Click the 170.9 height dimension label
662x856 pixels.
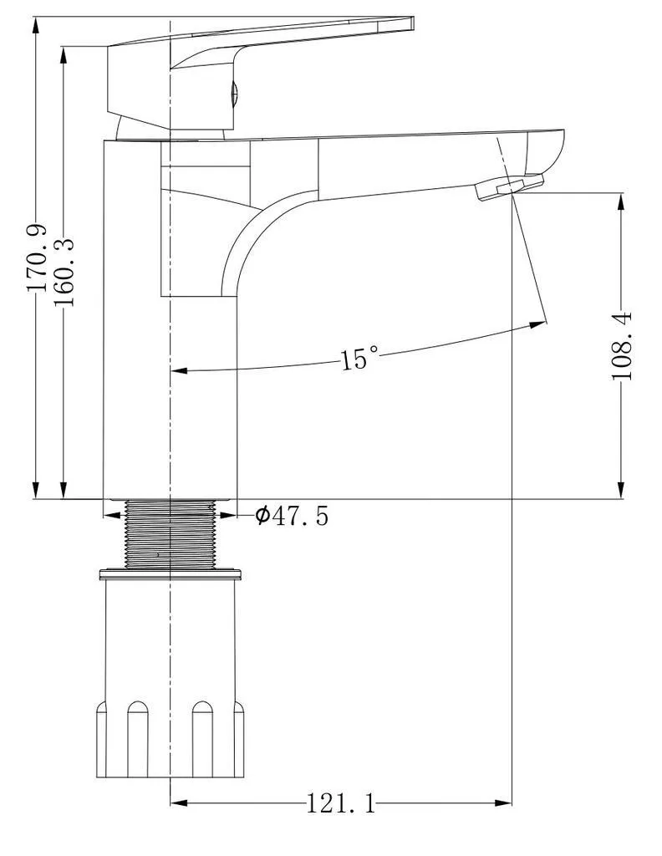(37, 258)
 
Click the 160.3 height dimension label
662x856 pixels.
(65, 272)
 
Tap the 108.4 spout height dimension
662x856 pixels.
(622, 345)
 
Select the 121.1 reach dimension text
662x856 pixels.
(340, 803)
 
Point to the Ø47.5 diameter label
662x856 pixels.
(292, 515)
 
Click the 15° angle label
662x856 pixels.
(359, 358)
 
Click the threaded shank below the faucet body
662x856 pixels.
(171, 534)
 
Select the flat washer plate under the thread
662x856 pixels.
(171, 573)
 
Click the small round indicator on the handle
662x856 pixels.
(233, 92)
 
